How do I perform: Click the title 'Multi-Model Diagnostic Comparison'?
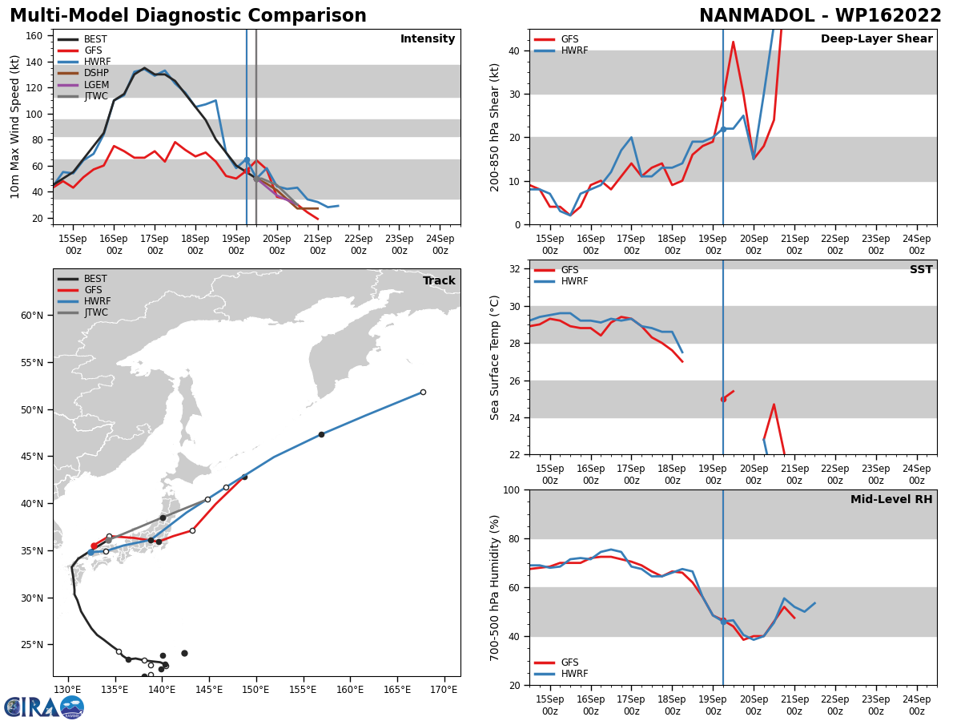(187, 16)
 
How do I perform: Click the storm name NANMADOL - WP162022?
(820, 16)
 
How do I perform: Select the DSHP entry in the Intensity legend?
(95, 73)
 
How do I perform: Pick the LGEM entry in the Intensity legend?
(95, 85)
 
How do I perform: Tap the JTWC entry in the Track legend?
(95, 312)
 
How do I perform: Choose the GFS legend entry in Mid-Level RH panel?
(569, 663)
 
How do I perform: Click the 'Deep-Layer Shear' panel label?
(876, 39)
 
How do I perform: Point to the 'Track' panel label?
(439, 281)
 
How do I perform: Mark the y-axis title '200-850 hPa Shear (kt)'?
(496, 127)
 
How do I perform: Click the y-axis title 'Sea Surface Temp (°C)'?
(496, 357)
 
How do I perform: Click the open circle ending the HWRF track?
(423, 392)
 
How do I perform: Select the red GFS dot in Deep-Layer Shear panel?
(723, 99)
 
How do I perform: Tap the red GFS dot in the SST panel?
(723, 399)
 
